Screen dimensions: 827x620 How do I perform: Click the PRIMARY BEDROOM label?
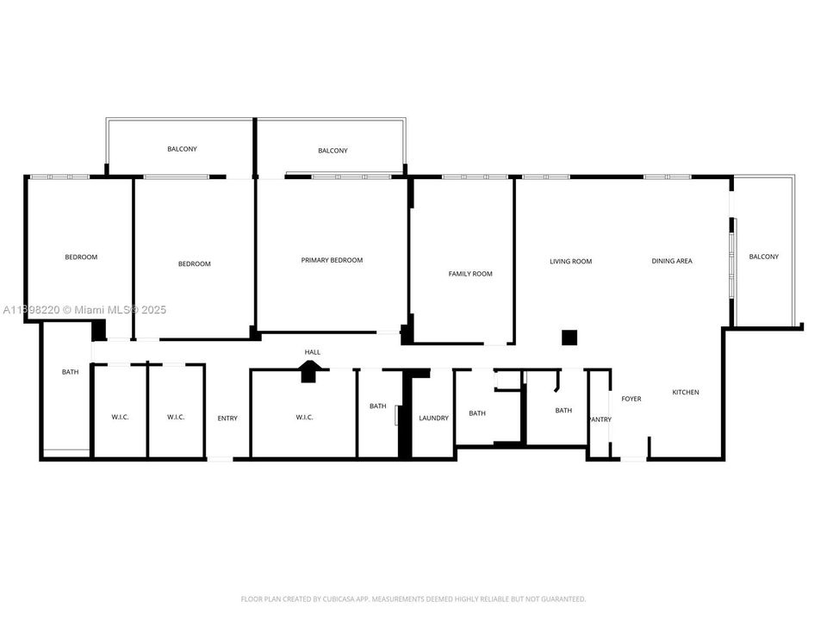332,260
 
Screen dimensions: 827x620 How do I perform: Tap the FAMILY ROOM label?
470,274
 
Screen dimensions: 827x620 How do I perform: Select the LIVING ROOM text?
570,261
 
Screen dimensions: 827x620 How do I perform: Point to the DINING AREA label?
672,260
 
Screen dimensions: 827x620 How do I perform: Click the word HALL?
312,351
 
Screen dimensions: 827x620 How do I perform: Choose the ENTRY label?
227,418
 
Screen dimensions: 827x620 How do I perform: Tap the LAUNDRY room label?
433,418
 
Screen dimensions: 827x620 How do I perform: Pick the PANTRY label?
600,419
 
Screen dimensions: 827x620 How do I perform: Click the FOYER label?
631,399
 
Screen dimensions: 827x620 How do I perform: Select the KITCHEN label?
686,392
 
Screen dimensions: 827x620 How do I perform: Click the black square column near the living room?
569,338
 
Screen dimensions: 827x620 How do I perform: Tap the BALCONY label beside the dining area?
764,257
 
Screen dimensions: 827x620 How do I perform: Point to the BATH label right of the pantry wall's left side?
563,410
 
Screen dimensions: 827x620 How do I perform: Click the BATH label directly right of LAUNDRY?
477,413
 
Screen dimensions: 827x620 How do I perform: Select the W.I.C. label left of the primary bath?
304,417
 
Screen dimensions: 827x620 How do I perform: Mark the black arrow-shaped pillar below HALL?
309,371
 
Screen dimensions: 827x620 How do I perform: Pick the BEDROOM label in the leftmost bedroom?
81,257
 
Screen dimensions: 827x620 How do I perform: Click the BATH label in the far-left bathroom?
70,372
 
